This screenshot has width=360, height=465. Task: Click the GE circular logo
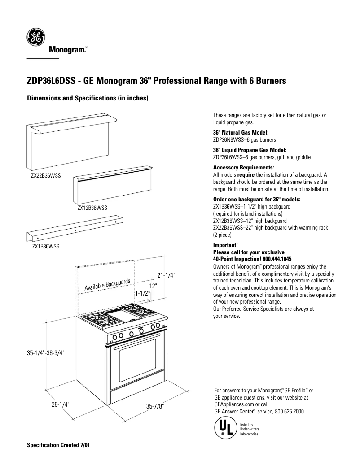coord(35,37)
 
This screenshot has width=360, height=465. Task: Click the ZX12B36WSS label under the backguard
coord(92,208)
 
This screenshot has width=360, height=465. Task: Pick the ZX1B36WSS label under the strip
coord(45,246)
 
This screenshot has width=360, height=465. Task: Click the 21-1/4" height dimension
coord(166,275)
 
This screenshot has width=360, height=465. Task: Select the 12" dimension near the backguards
coord(153,285)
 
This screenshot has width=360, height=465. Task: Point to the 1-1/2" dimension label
coord(142,293)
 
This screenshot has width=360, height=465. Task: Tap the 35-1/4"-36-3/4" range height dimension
coord(46,353)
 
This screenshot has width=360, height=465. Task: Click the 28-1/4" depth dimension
coord(60,404)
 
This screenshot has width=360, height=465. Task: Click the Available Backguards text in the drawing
coord(107,284)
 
